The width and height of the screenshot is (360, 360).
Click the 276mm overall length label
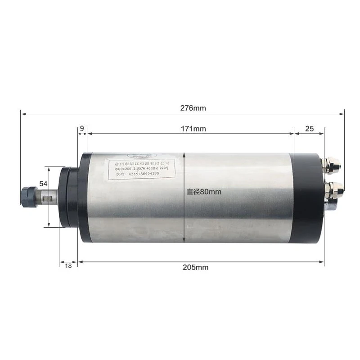pos(193,108)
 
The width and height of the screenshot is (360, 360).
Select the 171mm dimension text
pos(193,129)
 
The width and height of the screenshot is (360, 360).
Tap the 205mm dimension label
pos(195,267)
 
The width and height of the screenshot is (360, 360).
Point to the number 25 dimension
pos(309,129)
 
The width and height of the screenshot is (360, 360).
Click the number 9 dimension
pos(82,129)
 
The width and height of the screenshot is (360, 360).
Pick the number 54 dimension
pos(44,184)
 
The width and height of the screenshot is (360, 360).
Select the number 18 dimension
pos(68,266)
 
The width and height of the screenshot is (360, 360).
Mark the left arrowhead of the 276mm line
pos(22,113)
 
